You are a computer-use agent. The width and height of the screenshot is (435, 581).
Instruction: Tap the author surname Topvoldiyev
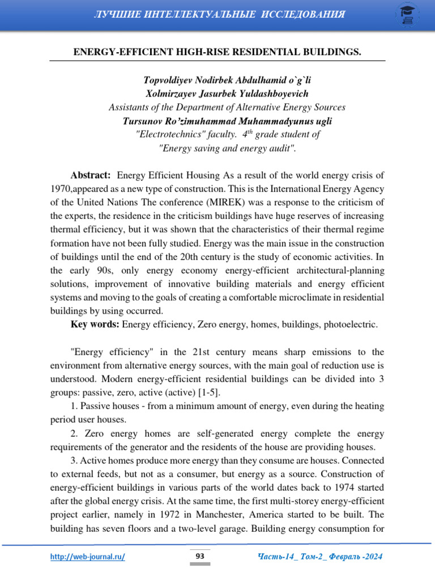coord(168,80)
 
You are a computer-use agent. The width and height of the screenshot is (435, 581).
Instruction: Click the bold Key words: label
coord(95,325)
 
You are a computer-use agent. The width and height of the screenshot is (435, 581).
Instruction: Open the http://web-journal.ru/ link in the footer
coord(88,557)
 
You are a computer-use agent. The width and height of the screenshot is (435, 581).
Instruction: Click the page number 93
coord(200,557)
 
